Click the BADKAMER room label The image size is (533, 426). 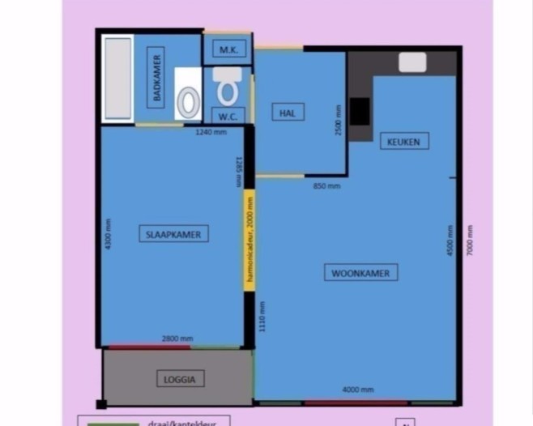click(x=156, y=77)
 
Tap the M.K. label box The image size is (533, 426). click(x=227, y=49)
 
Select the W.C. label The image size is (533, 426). click(x=227, y=115)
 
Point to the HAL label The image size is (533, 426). click(x=288, y=113)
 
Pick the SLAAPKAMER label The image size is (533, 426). click(x=173, y=234)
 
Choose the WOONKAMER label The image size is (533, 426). click(x=360, y=273)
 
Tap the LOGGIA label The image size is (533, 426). click(x=179, y=378)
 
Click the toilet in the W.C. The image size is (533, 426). click(x=228, y=87)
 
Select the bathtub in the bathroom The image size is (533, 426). click(x=117, y=79)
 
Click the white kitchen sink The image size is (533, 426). click(x=412, y=62)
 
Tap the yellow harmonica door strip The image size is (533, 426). click(x=249, y=241)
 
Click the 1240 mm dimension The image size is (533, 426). click(x=211, y=132)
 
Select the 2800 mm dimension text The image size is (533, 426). click(x=177, y=339)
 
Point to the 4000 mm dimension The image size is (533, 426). click(x=357, y=390)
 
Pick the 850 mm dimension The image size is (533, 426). click(x=326, y=186)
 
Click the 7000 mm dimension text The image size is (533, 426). click(x=470, y=241)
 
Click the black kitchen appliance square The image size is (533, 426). click(x=360, y=111)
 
